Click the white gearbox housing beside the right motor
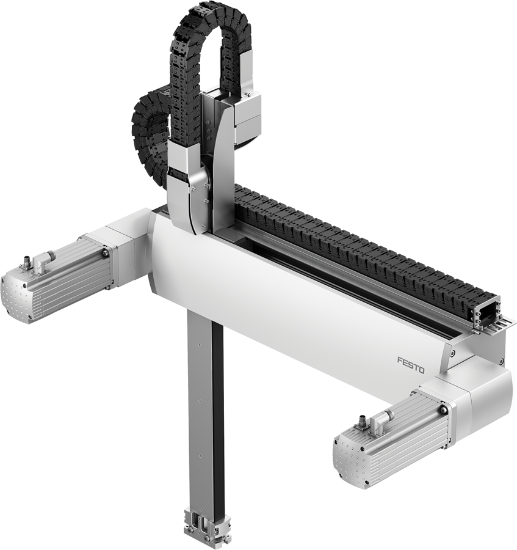(x=482, y=397)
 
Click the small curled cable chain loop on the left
(x=145, y=131)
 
